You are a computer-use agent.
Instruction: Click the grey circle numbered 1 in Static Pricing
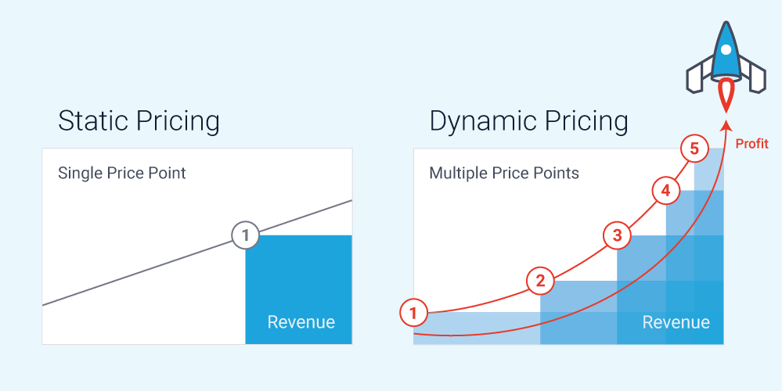point(245,235)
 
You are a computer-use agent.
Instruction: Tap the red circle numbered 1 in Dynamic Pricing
point(413,314)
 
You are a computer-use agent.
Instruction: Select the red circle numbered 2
point(540,281)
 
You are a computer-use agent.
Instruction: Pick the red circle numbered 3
point(618,235)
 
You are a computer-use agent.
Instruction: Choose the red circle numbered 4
point(666,191)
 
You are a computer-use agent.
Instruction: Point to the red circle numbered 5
point(694,149)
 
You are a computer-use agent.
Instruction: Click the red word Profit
point(752,144)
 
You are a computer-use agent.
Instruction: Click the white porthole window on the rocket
point(726,50)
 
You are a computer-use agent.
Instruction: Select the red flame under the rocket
point(726,97)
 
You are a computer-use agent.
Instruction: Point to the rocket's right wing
point(752,75)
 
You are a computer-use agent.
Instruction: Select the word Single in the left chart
point(80,174)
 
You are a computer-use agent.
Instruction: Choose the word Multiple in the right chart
point(459,174)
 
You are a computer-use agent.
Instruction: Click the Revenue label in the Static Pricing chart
point(301,321)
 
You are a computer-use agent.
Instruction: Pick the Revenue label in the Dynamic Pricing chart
point(676,322)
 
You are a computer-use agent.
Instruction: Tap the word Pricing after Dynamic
point(586,122)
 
